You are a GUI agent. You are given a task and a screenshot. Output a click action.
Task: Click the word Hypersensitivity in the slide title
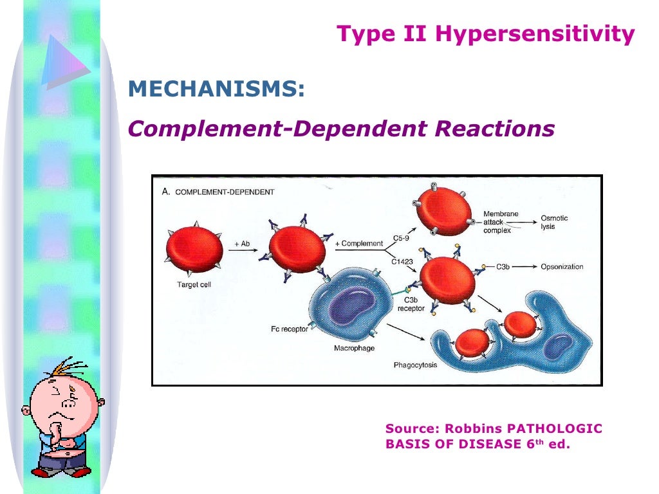(535, 34)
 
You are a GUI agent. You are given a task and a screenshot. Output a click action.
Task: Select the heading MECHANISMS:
(216, 89)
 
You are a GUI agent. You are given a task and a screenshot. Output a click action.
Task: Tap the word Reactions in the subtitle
(494, 129)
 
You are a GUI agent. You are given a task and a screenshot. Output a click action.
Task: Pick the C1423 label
(402, 261)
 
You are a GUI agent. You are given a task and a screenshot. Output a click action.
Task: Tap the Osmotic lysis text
(555, 223)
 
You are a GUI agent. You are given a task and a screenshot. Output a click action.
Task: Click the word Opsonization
(562, 266)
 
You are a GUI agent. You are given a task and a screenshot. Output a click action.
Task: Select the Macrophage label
(354, 348)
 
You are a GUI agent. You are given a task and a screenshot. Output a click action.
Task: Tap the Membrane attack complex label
(501, 221)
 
